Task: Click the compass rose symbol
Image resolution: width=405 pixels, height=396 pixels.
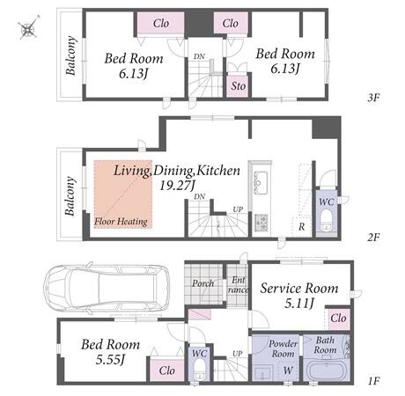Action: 28,27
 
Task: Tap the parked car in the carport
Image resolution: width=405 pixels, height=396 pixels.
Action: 107,288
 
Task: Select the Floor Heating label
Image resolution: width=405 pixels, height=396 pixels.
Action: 121,222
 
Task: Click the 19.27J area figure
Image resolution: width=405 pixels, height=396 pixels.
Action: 177,186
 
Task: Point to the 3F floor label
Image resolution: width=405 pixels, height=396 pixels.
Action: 373,98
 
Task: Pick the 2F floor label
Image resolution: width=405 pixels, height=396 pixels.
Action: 373,237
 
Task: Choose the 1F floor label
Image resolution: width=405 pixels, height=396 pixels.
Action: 373,381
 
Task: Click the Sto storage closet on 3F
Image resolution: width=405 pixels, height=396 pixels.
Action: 238,86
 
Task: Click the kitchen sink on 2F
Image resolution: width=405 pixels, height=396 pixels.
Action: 261,182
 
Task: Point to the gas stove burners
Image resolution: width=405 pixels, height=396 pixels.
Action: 261,223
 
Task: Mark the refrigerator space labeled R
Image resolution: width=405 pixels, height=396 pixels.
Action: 302,227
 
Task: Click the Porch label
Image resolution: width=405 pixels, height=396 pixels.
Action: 202,283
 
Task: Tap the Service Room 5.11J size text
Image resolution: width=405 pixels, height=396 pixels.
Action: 299,304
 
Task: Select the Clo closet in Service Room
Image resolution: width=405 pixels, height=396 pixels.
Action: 338,319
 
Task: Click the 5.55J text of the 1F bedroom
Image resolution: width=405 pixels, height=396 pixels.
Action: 110,360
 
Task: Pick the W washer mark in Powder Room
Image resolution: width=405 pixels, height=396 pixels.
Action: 288,370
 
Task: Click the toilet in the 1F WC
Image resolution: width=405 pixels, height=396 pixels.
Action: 200,369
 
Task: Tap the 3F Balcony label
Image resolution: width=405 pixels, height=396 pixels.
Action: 70,55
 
